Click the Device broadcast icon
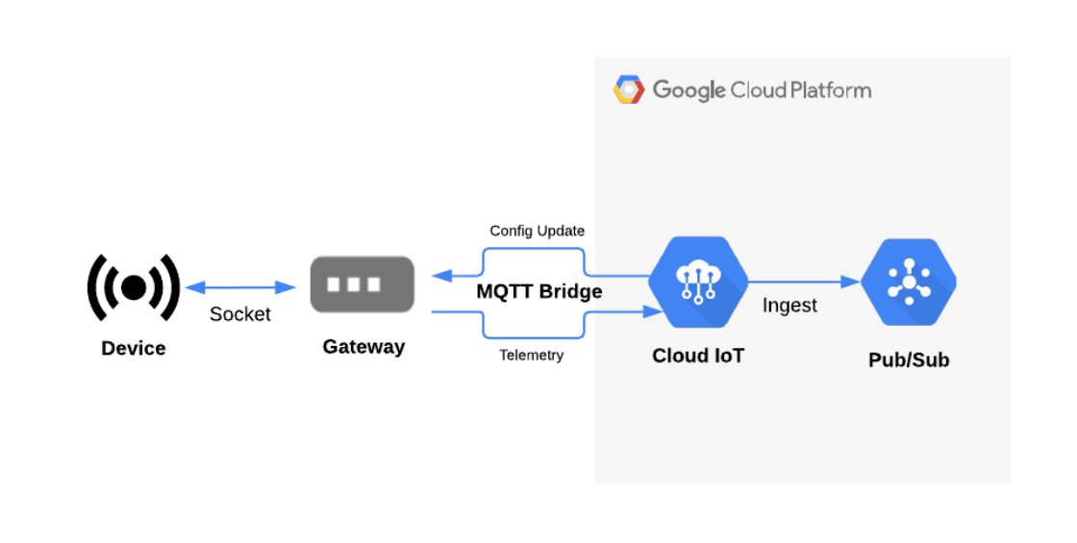(134, 286)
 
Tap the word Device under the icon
(134, 348)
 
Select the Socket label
(239, 314)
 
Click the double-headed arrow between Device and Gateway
(239, 287)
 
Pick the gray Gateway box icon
(362, 284)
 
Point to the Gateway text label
(363, 346)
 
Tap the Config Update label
(537, 231)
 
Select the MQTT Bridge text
(539, 291)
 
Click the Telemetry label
(531, 356)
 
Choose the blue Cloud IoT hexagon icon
(698, 284)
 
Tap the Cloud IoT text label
(698, 356)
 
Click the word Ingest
(789, 306)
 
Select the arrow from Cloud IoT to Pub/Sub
(803, 282)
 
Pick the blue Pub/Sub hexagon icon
(909, 284)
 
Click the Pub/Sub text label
(909, 360)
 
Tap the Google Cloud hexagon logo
(629, 90)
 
